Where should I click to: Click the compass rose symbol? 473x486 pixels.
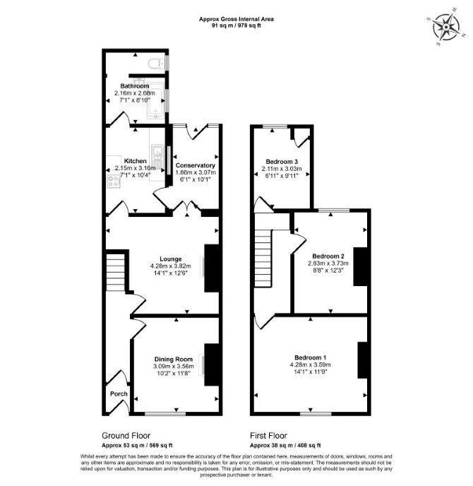pos(445,28)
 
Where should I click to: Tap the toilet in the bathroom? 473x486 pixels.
pos(156,64)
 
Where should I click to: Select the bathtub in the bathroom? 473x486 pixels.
pos(155,99)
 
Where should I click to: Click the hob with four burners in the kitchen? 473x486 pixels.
pos(114,182)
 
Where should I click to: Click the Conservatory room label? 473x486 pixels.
pos(195,165)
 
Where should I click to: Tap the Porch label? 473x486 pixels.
pos(119,393)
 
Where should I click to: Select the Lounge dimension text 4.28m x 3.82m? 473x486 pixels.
pos(171,266)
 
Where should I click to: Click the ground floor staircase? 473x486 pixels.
pos(116,273)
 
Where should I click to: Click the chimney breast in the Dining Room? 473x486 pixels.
pos(212,364)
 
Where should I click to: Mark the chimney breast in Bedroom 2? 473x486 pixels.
pos(361,266)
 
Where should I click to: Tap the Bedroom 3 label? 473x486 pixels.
pos(282,162)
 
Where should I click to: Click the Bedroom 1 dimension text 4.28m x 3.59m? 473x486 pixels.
pos(311,364)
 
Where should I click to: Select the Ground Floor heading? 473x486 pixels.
pos(126,435)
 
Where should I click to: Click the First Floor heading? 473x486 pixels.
pos(268,435)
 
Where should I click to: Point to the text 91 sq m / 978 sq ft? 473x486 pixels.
pos(236,25)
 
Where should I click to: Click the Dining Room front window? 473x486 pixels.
pos(165,413)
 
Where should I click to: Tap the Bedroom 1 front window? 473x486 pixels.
pos(316,413)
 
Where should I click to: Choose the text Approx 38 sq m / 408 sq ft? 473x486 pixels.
pos(285,446)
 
